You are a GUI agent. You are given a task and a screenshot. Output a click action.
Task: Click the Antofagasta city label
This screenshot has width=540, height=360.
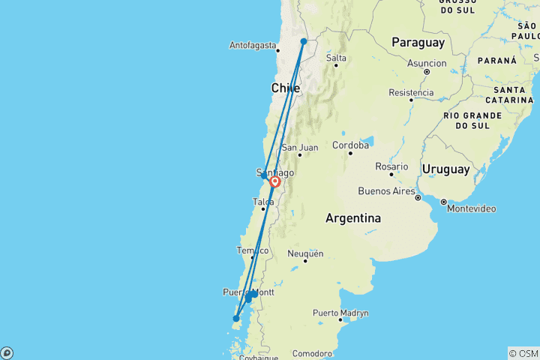(254, 46)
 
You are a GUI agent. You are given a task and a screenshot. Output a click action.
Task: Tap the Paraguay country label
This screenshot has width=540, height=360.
(418, 43)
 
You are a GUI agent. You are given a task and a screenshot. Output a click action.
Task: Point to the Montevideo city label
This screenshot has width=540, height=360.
(471, 208)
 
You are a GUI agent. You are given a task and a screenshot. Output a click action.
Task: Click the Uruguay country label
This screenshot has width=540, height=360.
(445, 169)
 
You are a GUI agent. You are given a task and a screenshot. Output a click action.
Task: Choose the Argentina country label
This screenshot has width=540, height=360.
(353, 218)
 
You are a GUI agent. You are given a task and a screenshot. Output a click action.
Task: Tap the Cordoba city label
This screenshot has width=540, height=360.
(350, 145)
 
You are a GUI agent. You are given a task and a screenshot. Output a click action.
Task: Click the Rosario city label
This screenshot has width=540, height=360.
(392, 166)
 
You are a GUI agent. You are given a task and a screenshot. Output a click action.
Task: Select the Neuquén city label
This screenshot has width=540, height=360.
(305, 253)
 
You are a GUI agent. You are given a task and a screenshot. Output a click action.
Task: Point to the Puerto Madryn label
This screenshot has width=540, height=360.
(340, 313)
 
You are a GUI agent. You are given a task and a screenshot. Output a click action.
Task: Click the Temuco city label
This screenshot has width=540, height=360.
(252, 250)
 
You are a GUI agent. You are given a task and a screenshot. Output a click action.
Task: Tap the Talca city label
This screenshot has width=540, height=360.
(262, 202)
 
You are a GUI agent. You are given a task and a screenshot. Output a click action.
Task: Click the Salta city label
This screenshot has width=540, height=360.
(336, 58)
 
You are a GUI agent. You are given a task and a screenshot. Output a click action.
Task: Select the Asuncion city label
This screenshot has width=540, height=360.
(427, 64)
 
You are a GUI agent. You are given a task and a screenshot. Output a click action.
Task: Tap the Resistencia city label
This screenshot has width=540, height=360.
(411, 93)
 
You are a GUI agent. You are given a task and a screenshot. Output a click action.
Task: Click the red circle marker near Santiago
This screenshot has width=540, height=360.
(275, 181)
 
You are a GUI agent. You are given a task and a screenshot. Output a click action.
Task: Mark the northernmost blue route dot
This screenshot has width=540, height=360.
(303, 42)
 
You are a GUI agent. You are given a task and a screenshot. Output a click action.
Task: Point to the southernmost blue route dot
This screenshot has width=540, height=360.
(235, 319)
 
